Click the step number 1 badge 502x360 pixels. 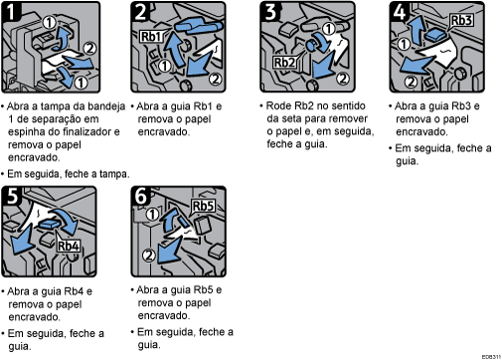click(x=10, y=11)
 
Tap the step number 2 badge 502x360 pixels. click(x=139, y=11)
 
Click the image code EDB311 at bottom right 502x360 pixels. click(x=489, y=354)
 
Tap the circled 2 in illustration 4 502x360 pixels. click(x=411, y=80)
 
